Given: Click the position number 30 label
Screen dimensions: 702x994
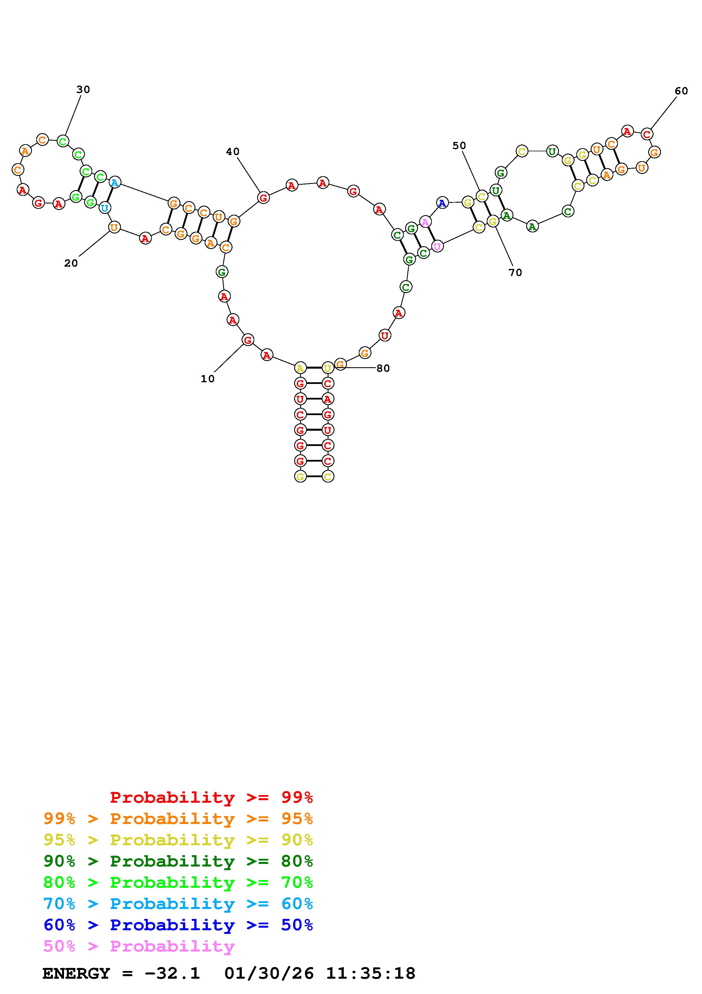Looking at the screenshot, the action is (x=83, y=90).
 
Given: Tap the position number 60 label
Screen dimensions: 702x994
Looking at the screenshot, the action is (x=681, y=91).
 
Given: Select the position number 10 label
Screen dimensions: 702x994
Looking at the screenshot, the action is (x=208, y=379).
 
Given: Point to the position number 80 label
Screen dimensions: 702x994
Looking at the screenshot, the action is (x=383, y=368).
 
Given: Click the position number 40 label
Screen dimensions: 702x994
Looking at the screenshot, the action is (x=233, y=152).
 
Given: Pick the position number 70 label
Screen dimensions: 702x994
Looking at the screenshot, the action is (x=515, y=272).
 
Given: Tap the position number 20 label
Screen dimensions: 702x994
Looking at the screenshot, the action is (x=71, y=263).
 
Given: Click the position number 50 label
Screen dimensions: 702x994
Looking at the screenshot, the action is (x=459, y=146).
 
